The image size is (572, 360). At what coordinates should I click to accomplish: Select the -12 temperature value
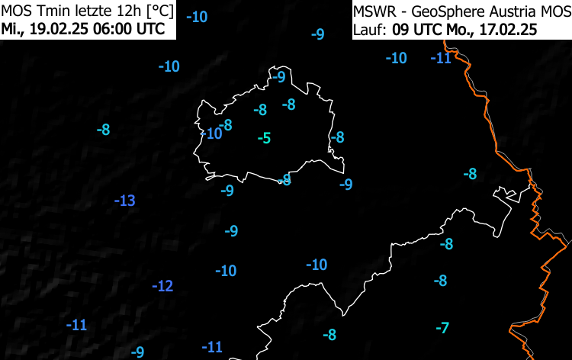pos(162,287)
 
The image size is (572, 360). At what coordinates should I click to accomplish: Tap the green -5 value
pos(264,138)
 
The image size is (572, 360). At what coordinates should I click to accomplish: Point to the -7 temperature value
pos(442,328)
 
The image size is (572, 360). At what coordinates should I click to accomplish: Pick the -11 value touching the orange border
pos(441,58)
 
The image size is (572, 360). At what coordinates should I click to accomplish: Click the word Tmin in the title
pos(47,11)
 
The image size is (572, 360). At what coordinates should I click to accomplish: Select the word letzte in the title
pos(87,11)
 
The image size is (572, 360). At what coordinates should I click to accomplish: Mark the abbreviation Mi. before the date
pos(13,30)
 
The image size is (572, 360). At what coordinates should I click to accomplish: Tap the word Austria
pos(494,11)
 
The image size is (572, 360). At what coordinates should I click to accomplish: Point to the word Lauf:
pos(370,30)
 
